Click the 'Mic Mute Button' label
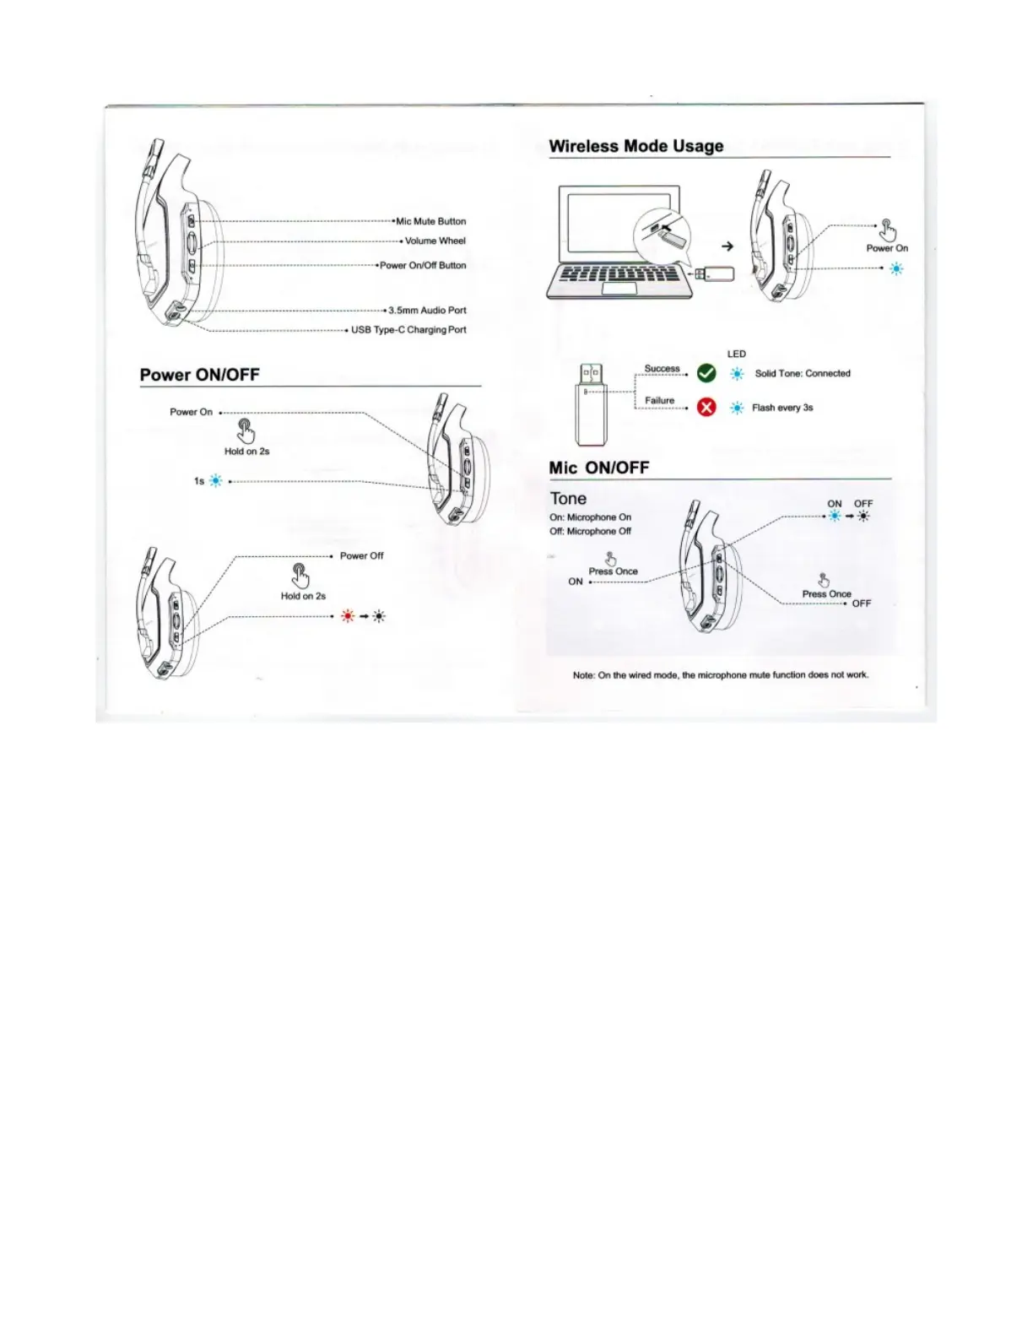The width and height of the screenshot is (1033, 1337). tap(430, 221)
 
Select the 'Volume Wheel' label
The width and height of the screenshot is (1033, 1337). tap(435, 241)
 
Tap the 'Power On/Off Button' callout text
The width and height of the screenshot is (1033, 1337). tap(423, 265)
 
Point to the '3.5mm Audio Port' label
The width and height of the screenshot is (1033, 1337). tap(427, 310)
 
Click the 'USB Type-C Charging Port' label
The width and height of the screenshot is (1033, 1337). tap(408, 330)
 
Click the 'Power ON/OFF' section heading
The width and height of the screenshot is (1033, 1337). tap(200, 375)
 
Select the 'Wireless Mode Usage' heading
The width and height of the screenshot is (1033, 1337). tap(635, 146)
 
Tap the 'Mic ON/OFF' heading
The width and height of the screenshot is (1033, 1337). tap(598, 468)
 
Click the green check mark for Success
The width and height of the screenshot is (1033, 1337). tap(706, 373)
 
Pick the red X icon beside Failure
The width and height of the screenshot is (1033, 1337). tap(706, 408)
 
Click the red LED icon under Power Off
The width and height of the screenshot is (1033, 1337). tap(348, 616)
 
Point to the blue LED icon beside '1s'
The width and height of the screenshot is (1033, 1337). tap(216, 481)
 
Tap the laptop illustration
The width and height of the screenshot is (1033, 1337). tap(619, 243)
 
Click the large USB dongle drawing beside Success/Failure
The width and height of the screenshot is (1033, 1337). tap(591, 404)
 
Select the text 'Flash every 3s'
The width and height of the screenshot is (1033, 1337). tap(782, 408)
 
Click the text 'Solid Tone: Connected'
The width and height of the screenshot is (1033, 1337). tap(803, 373)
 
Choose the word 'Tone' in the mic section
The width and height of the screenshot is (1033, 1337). tap(568, 499)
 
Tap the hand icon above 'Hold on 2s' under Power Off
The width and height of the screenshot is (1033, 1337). tap(300, 576)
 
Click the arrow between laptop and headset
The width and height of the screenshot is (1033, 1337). tap(727, 246)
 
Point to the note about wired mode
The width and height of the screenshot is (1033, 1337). tap(720, 675)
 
